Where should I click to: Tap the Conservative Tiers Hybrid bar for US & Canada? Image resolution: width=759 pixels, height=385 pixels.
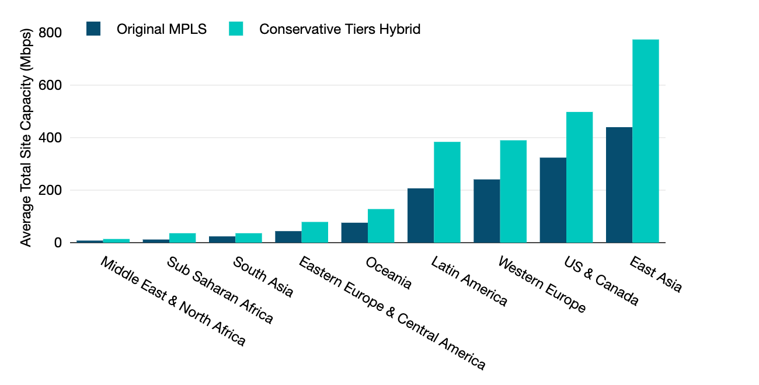coord(579,177)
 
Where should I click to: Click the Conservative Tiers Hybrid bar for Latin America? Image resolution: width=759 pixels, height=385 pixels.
coord(447,192)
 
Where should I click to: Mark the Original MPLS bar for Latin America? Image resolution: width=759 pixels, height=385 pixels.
coord(420,215)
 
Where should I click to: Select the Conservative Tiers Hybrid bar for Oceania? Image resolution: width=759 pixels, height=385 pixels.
coord(381,226)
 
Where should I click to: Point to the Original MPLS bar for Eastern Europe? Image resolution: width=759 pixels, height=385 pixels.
coord(288,237)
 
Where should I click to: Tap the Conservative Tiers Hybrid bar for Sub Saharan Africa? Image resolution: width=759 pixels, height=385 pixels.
coord(182,238)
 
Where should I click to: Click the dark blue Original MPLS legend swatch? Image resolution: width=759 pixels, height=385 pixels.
coord(93,29)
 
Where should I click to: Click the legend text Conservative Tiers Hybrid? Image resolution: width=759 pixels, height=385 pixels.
coord(340,29)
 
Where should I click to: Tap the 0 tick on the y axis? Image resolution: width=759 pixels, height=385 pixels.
coord(58,243)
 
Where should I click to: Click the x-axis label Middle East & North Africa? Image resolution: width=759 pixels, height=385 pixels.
coord(172,301)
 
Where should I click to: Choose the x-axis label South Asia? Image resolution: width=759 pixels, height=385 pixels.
coord(263,276)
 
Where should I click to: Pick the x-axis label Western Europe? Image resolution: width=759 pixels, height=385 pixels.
coord(541,284)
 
